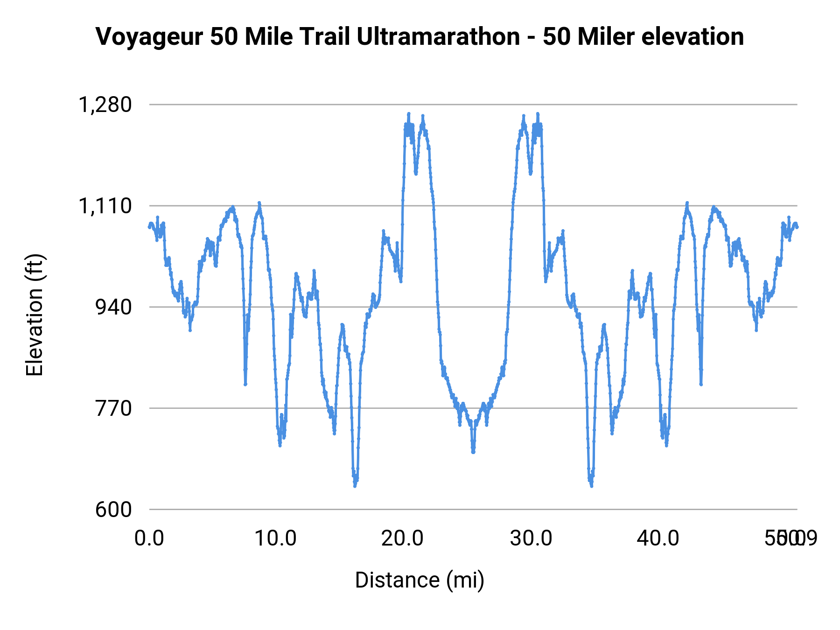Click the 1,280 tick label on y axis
click(x=105, y=105)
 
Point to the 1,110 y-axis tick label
click(x=105, y=206)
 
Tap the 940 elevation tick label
click(x=113, y=307)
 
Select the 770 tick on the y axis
click(x=113, y=408)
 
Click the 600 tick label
click(x=113, y=510)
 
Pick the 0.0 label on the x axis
click(x=149, y=539)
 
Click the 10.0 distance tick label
click(x=275, y=539)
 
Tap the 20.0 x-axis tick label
click(x=402, y=539)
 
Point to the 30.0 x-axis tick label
click(x=531, y=539)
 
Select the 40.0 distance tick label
click(x=658, y=539)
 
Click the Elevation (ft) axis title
click(x=35, y=315)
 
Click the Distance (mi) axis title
click(x=420, y=580)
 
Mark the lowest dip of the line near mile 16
click(x=355, y=485)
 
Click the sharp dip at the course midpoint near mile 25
click(x=473, y=452)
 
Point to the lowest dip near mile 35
click(x=591, y=485)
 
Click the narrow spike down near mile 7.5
click(x=245, y=384)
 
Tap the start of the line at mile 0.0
click(x=149, y=227)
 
